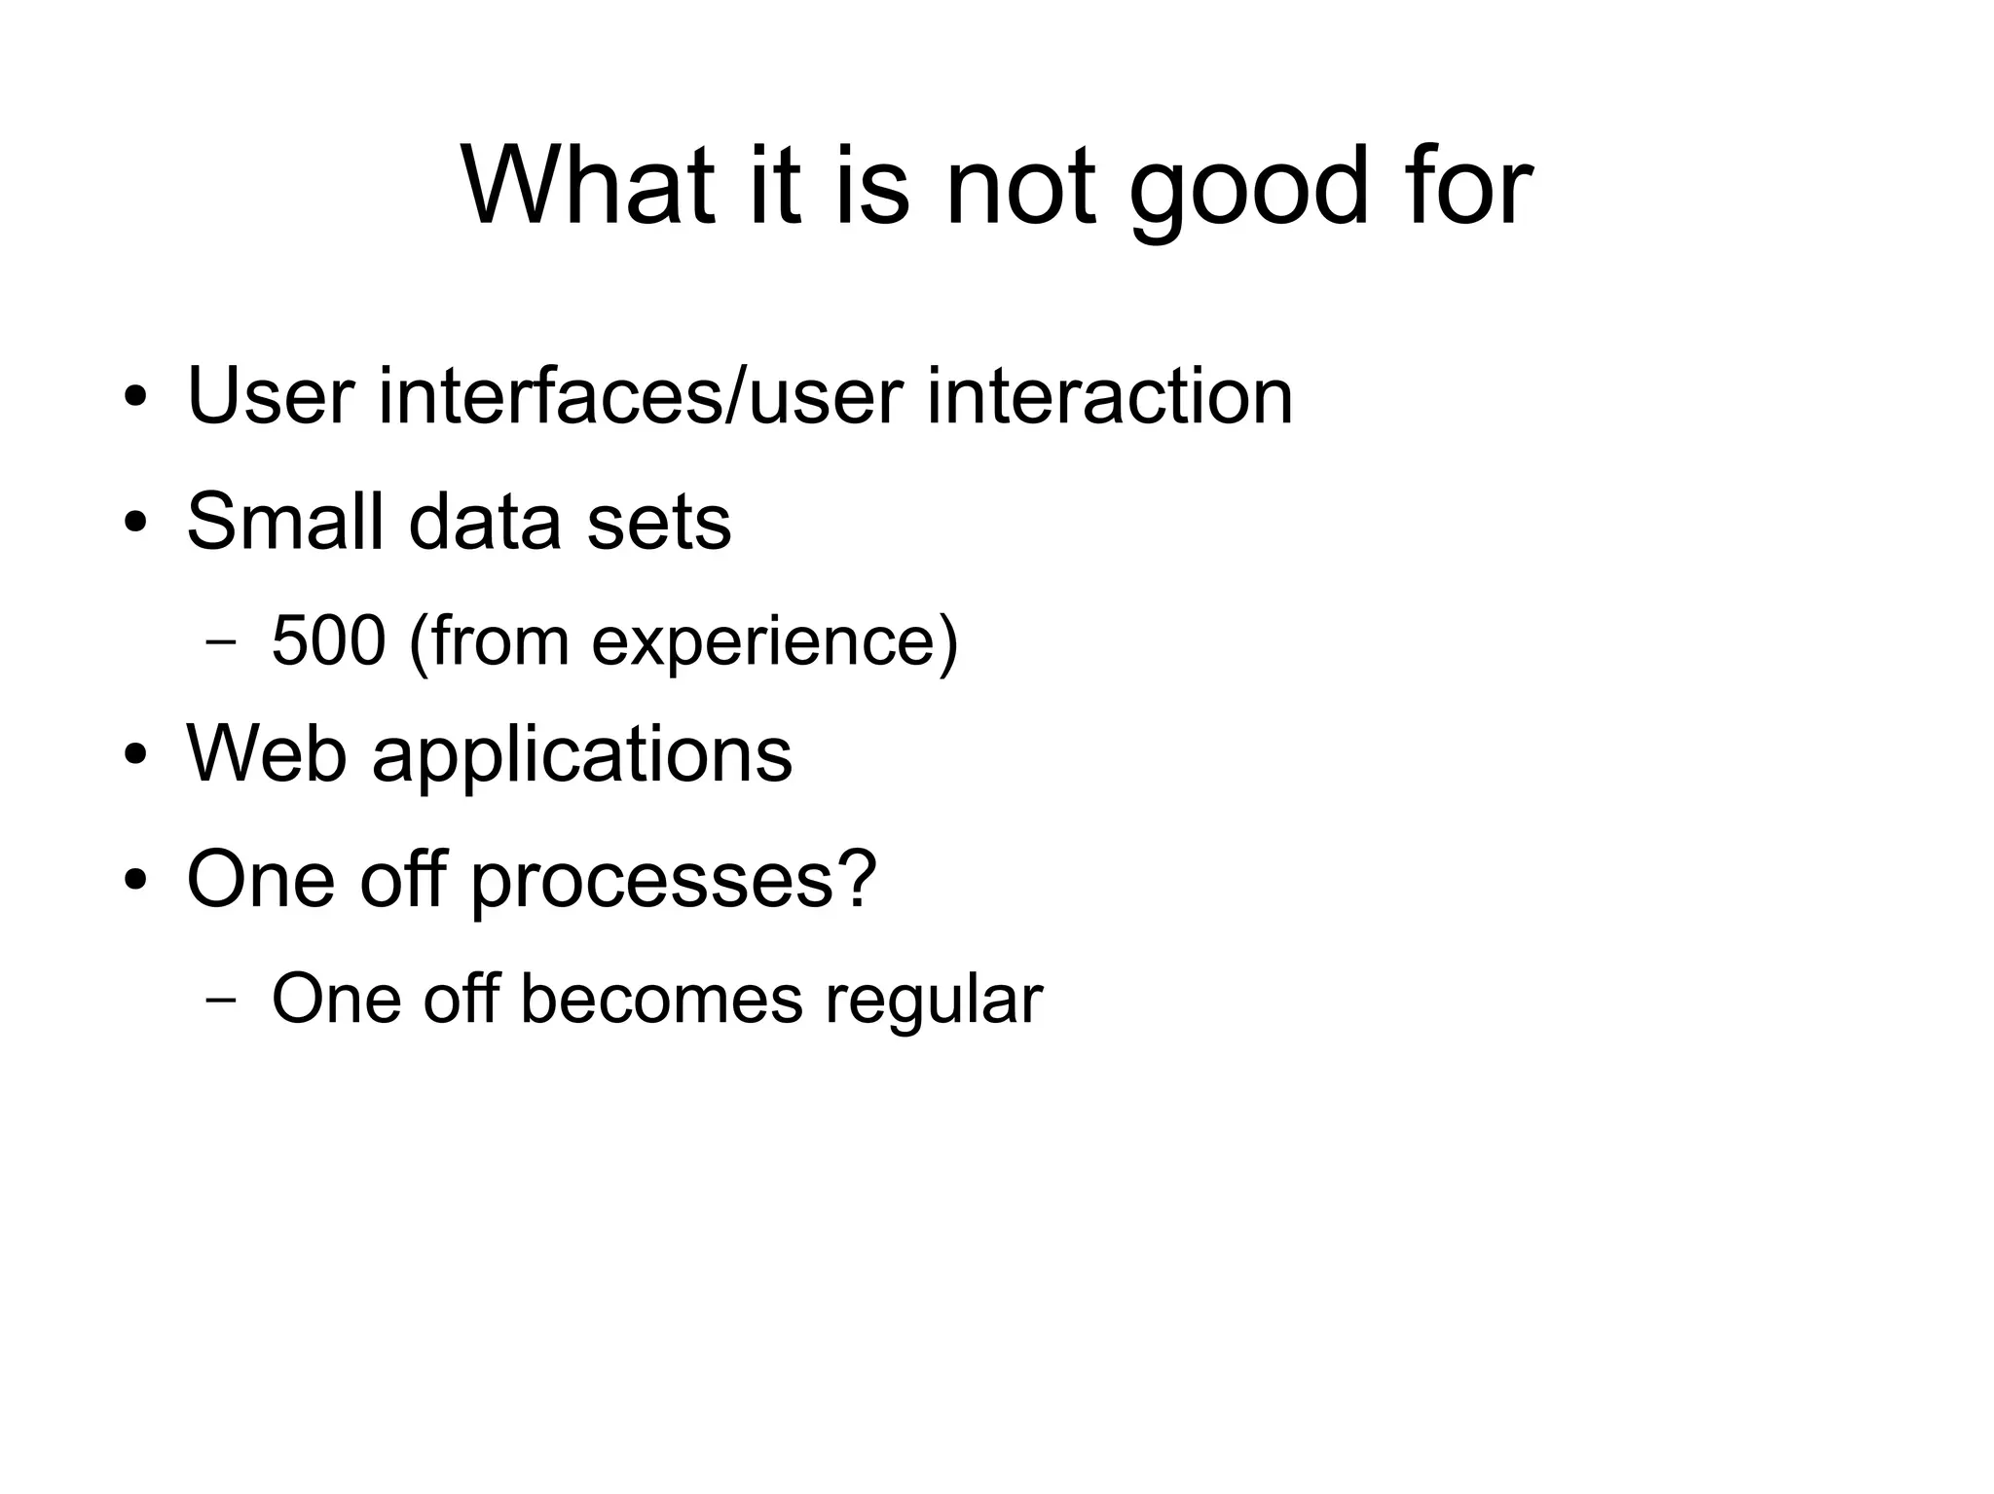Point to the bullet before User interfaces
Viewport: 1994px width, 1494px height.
click(135, 398)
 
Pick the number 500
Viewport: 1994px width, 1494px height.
click(328, 641)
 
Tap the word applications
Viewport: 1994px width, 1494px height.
click(582, 756)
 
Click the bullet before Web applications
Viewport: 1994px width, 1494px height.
click(135, 754)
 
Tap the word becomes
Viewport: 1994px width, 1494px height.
click(661, 1000)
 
